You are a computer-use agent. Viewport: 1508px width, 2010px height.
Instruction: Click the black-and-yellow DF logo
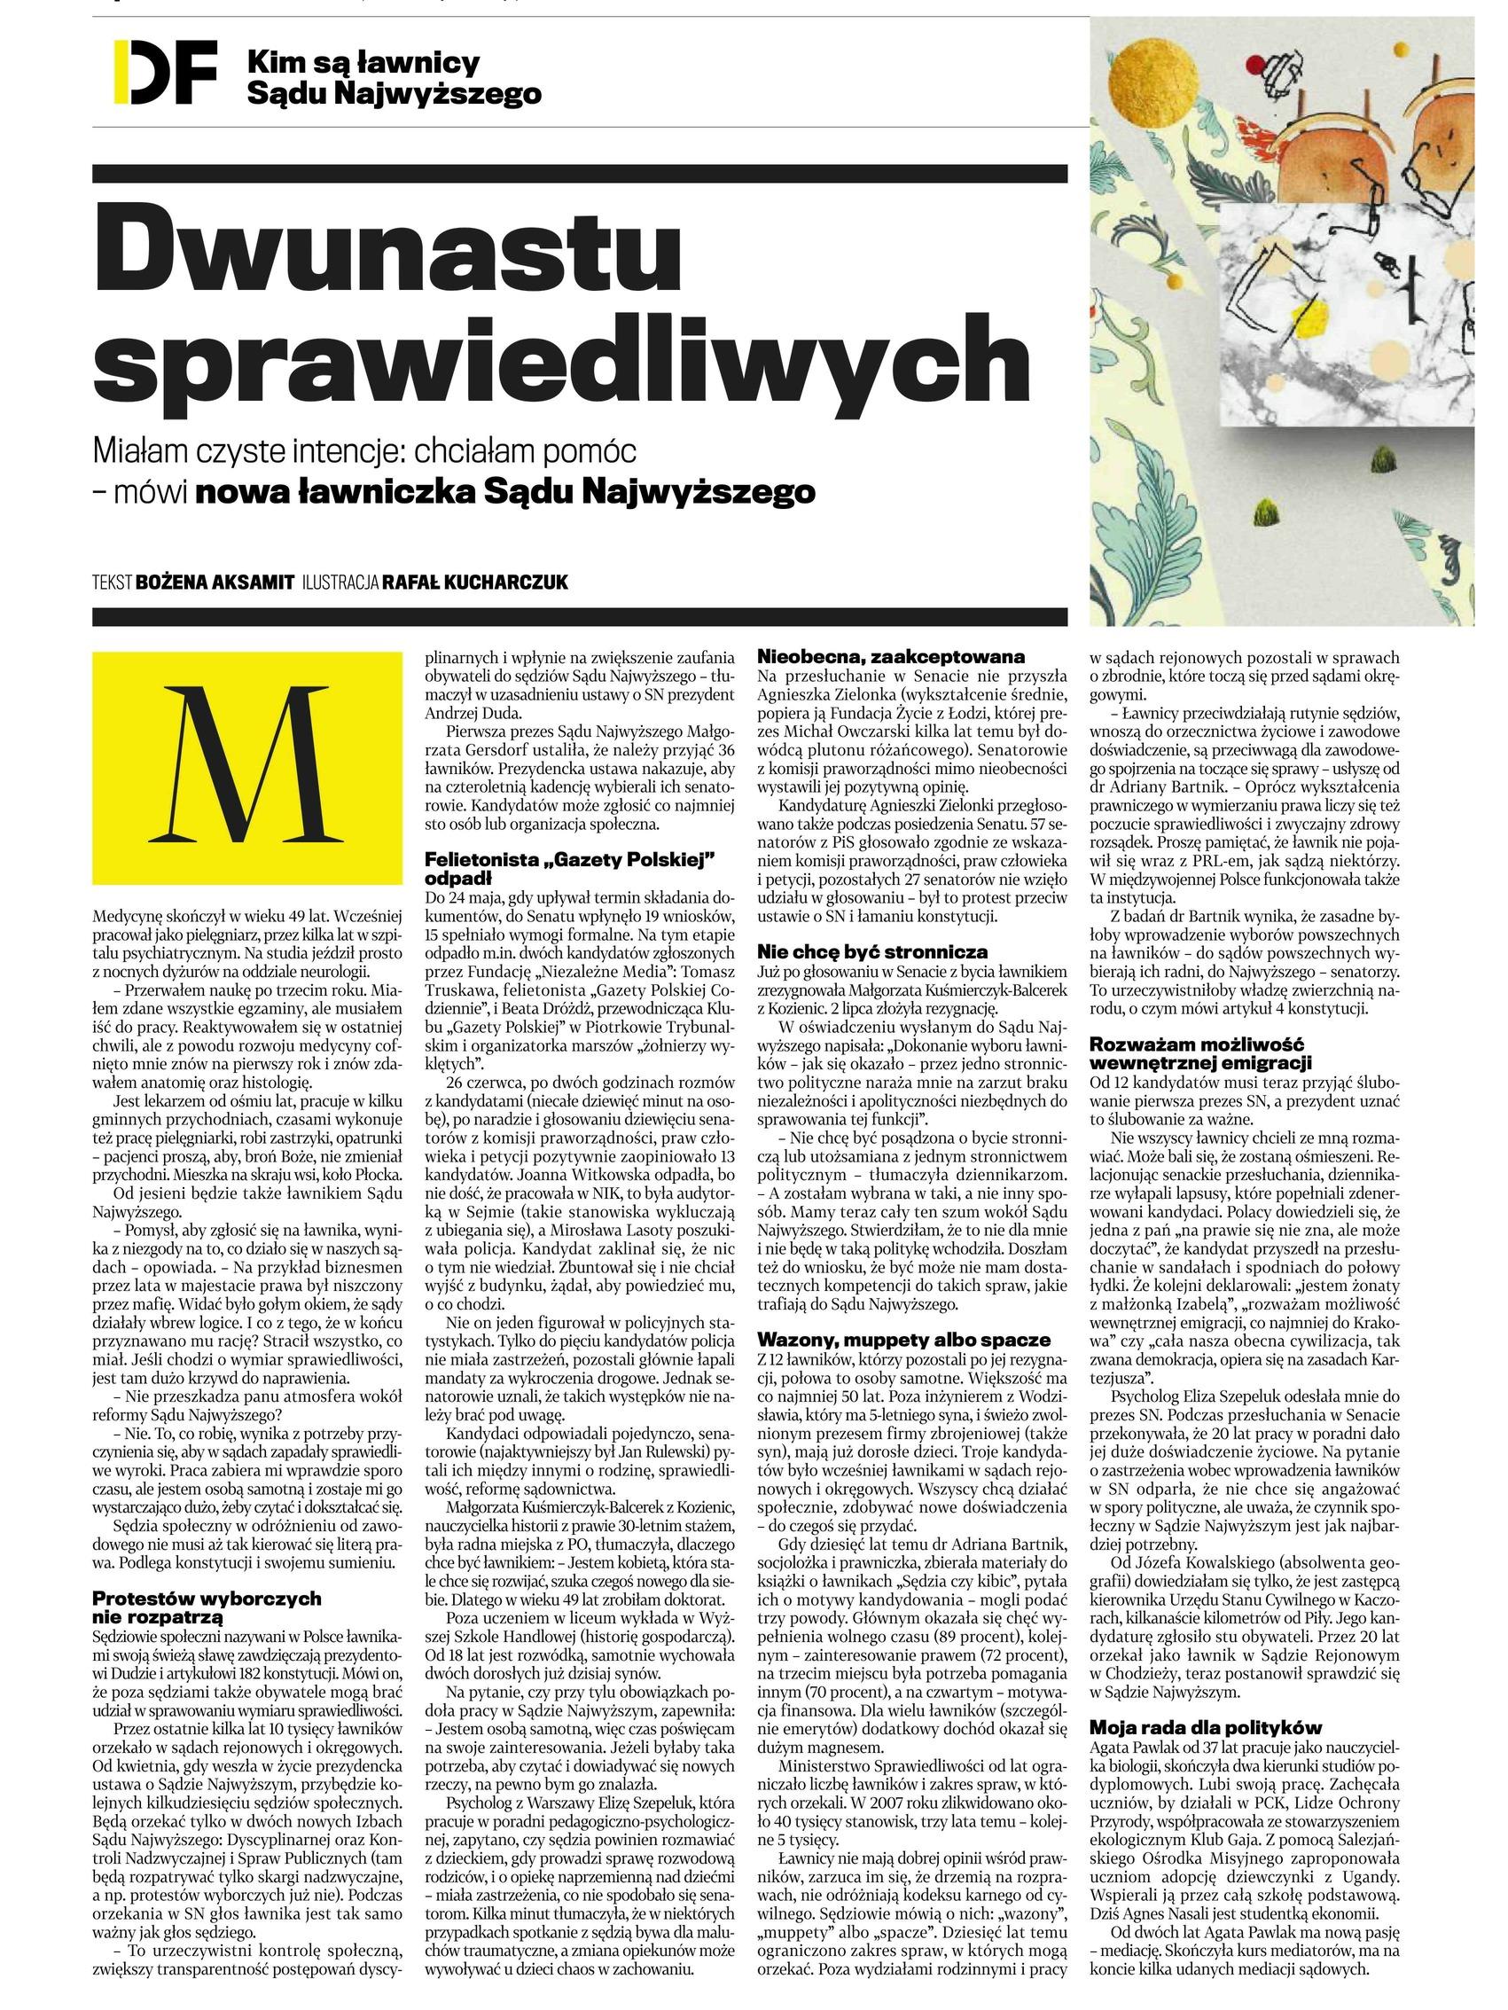(x=164, y=72)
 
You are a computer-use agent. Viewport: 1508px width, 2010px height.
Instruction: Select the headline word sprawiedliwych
(x=561, y=361)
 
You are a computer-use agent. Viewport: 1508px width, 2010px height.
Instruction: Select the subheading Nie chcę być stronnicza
(x=872, y=952)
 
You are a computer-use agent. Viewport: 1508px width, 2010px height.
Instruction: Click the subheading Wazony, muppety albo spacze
(x=903, y=1340)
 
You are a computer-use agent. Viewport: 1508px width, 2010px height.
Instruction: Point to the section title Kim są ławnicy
(x=363, y=63)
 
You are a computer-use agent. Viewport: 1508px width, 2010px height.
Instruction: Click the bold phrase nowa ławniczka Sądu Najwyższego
(x=505, y=491)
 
